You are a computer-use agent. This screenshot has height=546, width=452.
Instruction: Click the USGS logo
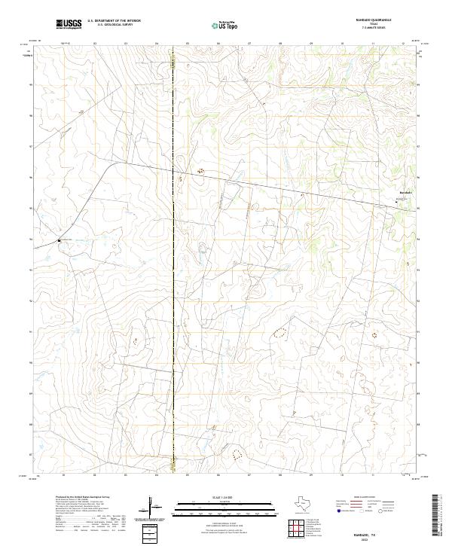(69, 24)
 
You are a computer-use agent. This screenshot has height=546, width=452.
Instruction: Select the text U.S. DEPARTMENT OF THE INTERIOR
(114, 21)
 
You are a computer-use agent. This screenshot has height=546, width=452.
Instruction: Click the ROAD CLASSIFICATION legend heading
(364, 498)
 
